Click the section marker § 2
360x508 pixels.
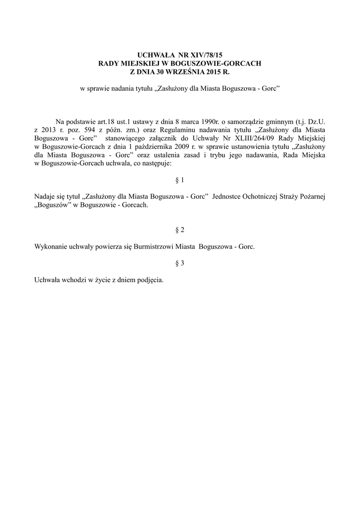180,230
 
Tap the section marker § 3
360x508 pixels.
180,263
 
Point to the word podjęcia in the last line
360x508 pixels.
149,280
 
